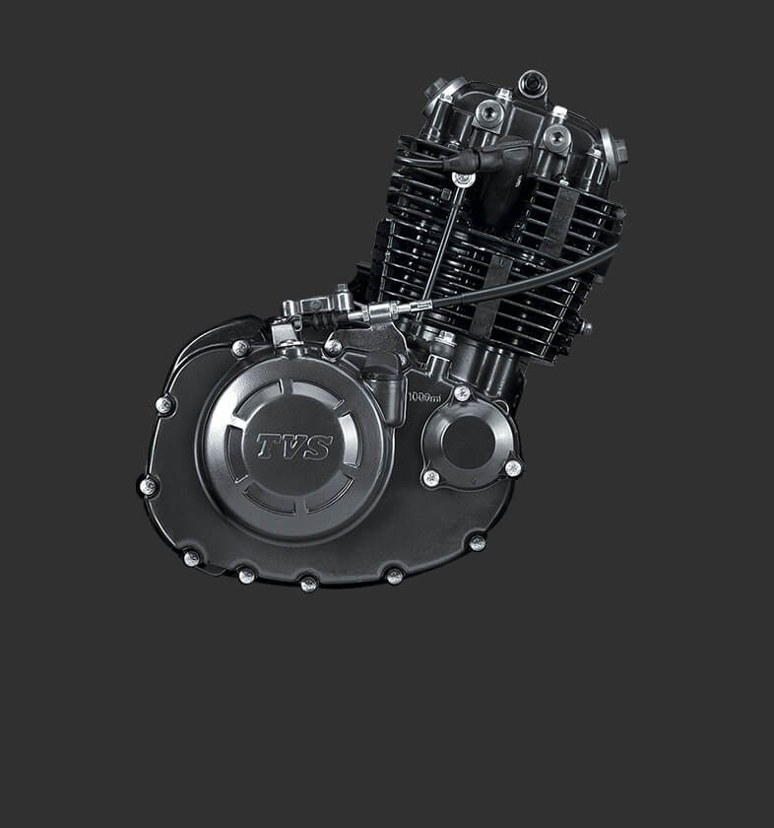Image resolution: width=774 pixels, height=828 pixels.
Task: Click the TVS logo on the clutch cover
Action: pos(294,447)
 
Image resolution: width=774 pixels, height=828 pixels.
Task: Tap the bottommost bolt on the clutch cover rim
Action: pos(308,583)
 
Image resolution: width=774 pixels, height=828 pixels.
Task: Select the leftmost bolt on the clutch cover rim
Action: pos(148,485)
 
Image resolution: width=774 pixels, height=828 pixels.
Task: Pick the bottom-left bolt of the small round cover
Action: pos(431,478)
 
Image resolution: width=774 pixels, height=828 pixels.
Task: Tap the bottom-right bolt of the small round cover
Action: pos(512,468)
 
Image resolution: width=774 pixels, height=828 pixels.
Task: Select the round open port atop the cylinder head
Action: pos(533,82)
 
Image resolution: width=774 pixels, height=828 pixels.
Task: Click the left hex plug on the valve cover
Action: pos(489,115)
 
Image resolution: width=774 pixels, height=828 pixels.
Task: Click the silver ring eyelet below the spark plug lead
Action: pos(461,178)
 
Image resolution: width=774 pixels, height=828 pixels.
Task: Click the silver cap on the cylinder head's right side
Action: pos(614,153)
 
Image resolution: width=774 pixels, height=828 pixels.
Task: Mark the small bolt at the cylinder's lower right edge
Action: pos(585,326)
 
